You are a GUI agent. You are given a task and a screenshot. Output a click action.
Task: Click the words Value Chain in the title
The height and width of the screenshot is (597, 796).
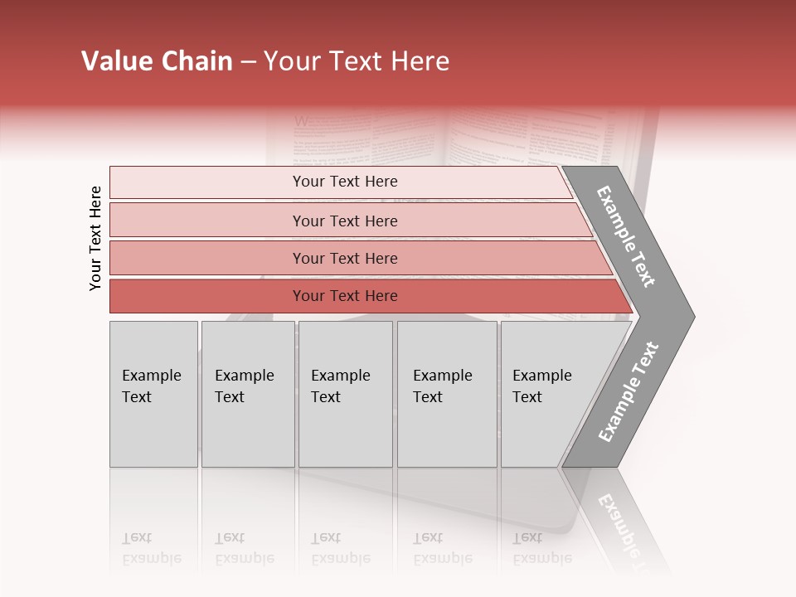[157, 61]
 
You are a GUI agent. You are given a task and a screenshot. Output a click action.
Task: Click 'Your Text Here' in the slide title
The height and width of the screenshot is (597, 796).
[357, 61]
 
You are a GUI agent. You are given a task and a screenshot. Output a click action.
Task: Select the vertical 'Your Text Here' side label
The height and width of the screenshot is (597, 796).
[95, 238]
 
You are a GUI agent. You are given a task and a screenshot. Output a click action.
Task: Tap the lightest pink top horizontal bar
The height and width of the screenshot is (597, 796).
[207, 182]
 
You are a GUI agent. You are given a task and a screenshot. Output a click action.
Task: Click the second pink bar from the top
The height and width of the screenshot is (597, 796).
[207, 221]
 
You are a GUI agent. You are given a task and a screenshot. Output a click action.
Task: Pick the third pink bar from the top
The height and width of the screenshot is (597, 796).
[207, 258]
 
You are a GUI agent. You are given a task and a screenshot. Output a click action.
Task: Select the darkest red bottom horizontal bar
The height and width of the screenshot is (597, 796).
[207, 296]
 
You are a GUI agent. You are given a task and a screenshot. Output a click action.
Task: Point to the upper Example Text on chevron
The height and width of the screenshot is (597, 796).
[626, 236]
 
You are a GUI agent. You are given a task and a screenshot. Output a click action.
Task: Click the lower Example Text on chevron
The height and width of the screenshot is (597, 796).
[629, 391]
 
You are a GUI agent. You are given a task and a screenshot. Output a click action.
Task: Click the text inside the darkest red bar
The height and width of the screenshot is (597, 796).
[345, 296]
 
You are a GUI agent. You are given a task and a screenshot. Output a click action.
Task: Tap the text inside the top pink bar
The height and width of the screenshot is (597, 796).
[345, 182]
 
